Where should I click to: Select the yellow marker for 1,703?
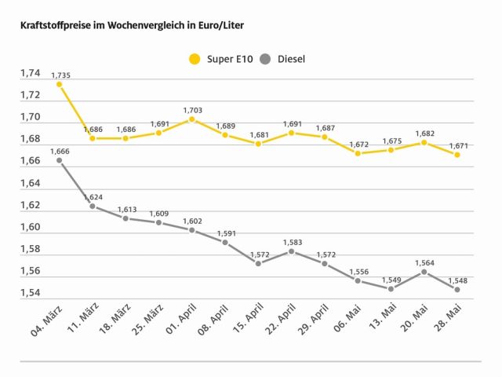tap(191, 119)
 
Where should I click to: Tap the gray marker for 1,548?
tap(457, 289)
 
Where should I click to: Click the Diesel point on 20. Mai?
tap(424, 272)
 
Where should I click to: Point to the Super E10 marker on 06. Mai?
tap(358, 153)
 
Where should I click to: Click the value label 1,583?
tap(291, 242)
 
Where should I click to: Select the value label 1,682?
tap(424, 133)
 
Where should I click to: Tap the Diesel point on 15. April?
tap(258, 263)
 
